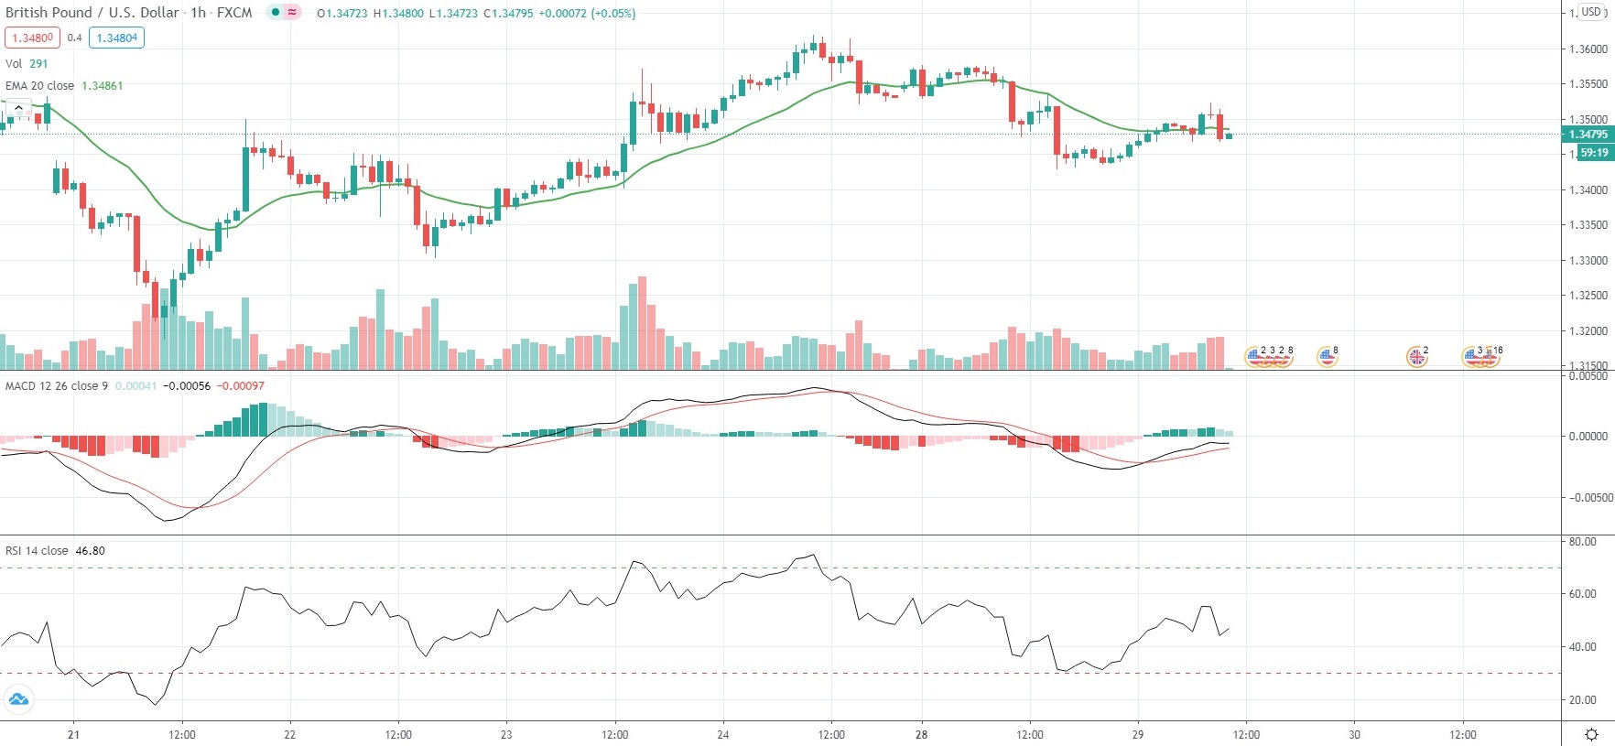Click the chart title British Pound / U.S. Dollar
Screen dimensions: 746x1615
[92, 13]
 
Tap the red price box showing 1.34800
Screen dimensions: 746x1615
[32, 38]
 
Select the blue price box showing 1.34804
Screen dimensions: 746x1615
[117, 38]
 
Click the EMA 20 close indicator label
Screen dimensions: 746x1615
[40, 85]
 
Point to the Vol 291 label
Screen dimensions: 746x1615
[27, 63]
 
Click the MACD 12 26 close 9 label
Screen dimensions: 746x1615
[57, 385]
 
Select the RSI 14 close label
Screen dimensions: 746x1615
[37, 550]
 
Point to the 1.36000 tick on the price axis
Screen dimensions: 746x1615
[1588, 49]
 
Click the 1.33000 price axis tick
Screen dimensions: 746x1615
[1588, 261]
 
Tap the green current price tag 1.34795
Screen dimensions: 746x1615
[1588, 135]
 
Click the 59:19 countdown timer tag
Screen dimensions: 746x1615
[1594, 153]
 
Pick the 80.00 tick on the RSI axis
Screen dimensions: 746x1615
[1583, 541]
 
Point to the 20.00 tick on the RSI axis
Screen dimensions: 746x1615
[1583, 700]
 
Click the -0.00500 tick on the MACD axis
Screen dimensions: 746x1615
[1591, 498]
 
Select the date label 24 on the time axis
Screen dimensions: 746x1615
[723, 734]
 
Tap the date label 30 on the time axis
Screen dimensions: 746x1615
[1354, 734]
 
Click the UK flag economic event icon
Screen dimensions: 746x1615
[1416, 357]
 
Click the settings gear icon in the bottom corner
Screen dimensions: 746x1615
[1591, 734]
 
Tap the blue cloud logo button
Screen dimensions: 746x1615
[18, 700]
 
